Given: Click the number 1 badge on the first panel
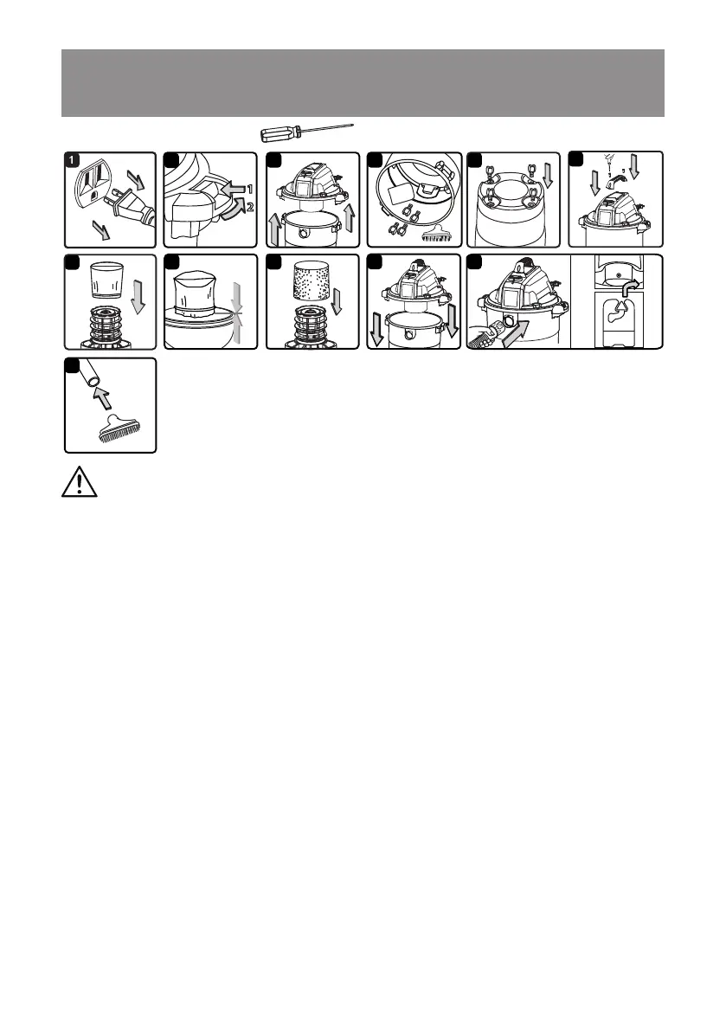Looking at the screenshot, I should (75, 161).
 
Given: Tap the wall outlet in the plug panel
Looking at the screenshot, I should (97, 185).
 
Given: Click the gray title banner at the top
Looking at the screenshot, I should (363, 83).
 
